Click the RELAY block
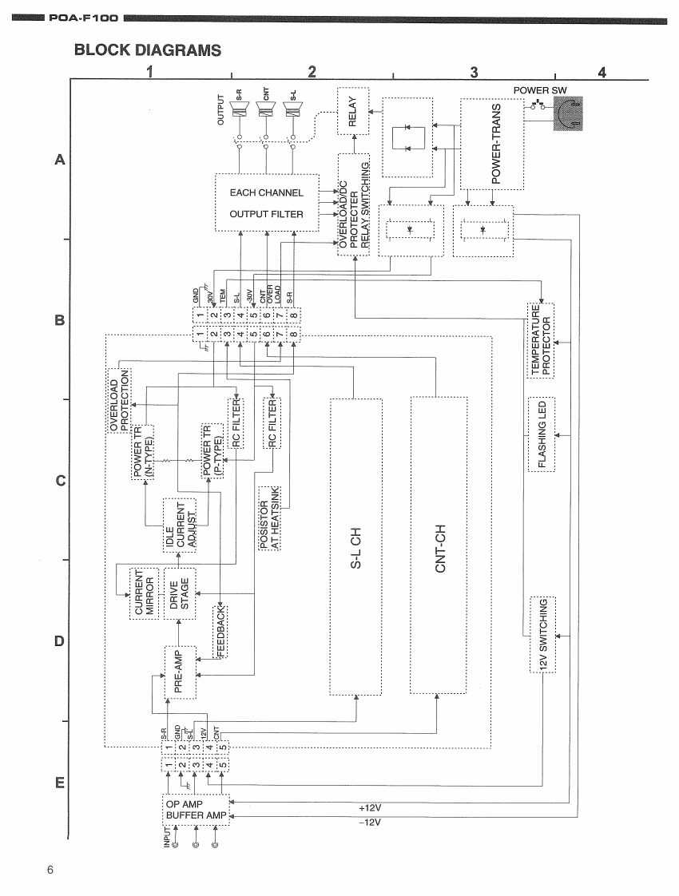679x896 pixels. point(354,111)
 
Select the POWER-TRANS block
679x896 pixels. point(493,144)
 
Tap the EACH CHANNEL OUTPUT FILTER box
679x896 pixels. point(267,203)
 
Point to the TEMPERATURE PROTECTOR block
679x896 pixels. point(541,340)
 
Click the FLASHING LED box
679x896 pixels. point(541,433)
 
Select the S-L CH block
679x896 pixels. point(355,546)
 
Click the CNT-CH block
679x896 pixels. point(437,546)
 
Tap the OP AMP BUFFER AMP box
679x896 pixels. point(196,809)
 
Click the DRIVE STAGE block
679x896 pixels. point(180,593)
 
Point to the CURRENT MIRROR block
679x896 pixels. point(144,593)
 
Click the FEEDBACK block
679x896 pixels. point(220,631)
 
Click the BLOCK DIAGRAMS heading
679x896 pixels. point(147,50)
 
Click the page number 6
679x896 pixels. point(51,870)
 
